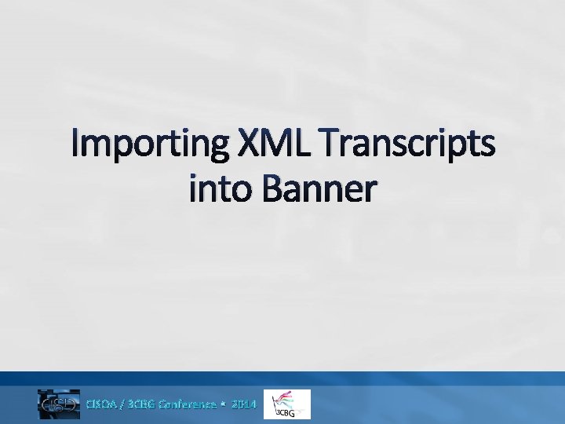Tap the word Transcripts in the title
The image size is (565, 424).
point(407,146)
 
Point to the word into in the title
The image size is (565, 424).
point(221,189)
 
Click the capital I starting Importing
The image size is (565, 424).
point(76,146)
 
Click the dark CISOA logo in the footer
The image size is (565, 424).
point(59,404)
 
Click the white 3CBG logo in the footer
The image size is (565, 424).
point(287,404)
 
